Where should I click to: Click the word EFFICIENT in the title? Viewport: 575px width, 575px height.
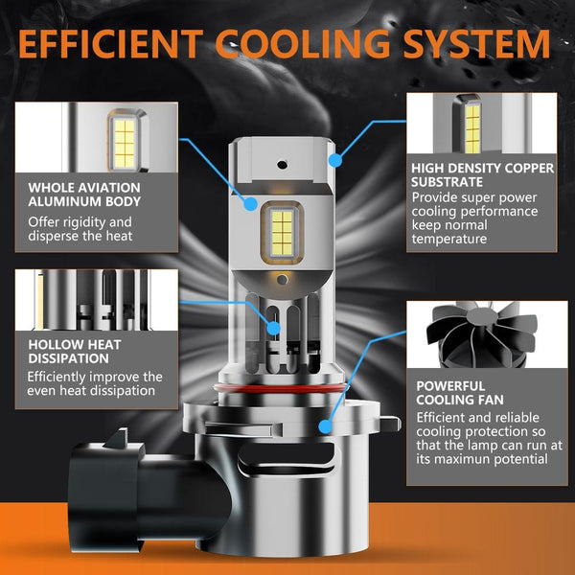point(110,44)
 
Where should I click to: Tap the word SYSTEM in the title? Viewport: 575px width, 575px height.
point(476,44)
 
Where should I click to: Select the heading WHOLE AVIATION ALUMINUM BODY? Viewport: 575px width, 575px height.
point(84,195)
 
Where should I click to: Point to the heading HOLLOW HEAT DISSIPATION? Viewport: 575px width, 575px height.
point(75,352)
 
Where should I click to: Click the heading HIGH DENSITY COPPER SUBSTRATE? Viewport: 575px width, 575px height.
point(483,175)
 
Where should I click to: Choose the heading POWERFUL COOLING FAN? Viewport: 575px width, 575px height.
point(460,393)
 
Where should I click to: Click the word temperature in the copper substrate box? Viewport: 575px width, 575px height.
point(448,239)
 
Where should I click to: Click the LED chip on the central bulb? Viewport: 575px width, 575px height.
point(282,233)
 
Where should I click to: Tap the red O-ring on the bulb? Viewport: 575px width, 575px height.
point(280,389)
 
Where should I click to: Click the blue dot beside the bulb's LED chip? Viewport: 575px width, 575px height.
point(251,204)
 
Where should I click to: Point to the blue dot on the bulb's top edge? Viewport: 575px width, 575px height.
point(335,160)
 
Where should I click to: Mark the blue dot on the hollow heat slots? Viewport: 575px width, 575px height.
point(273,328)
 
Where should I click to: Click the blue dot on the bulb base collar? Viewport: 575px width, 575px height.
point(325,426)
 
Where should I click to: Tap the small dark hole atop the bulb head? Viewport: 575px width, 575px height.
point(282,165)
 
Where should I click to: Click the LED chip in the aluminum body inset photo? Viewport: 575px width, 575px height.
point(125,144)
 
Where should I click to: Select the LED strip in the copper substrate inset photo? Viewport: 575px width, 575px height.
point(472,128)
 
